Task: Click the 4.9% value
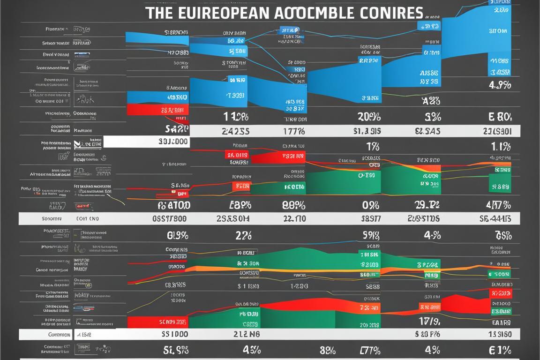point(500,86)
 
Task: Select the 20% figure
point(369,117)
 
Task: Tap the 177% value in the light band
point(294,132)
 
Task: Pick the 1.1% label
point(500,147)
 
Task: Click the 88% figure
point(294,205)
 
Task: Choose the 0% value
point(370,205)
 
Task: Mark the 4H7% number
point(499,205)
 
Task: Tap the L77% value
point(369,350)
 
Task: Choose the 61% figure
point(500,350)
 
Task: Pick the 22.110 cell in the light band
point(294,218)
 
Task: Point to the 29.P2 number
point(427,205)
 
